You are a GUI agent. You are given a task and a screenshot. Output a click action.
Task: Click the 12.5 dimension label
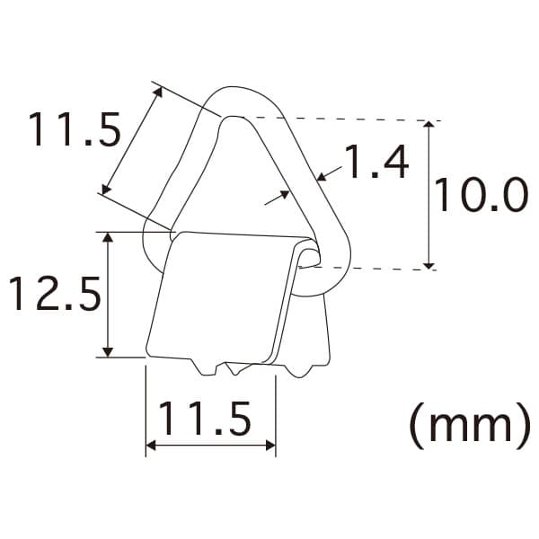pyautogui.click(x=56, y=295)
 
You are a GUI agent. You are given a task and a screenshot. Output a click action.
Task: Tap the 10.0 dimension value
pyautogui.click(x=482, y=195)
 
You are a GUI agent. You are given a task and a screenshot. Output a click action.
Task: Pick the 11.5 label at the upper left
pyautogui.click(x=75, y=129)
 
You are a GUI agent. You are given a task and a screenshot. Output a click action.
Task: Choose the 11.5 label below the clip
pyautogui.click(x=205, y=419)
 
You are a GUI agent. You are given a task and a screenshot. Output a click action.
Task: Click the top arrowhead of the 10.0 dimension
pyautogui.click(x=429, y=124)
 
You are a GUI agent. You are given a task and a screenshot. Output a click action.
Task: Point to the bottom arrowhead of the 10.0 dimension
pyautogui.click(x=429, y=265)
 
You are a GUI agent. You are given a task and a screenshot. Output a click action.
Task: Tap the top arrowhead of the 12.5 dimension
pyautogui.click(x=108, y=237)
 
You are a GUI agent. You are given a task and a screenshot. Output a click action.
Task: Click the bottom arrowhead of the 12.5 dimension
pyautogui.click(x=108, y=352)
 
